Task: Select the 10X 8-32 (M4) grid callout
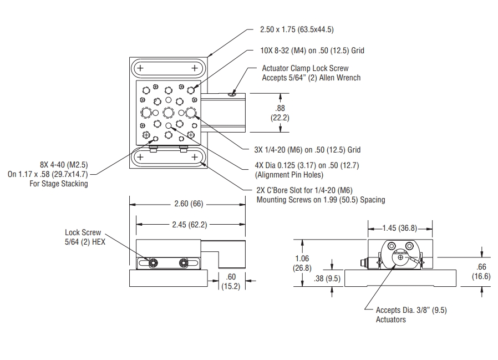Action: (312, 50)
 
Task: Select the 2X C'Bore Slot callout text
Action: (320, 195)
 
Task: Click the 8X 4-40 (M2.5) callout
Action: (64, 165)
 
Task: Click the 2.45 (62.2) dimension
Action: (189, 224)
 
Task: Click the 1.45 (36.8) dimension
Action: (400, 227)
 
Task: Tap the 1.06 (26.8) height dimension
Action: (302, 264)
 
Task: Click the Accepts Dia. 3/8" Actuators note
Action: (411, 315)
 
